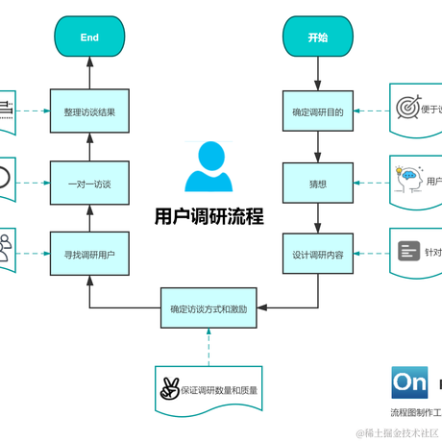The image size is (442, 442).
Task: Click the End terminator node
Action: [x=89, y=37]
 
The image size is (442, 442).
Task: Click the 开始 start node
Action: [x=318, y=37]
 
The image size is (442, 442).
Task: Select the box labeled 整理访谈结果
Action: [x=89, y=111]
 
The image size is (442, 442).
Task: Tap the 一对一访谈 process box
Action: [x=89, y=183]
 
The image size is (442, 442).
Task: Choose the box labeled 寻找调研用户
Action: [x=89, y=255]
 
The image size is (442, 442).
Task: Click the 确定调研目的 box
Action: [x=318, y=111]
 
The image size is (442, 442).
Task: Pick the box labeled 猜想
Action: [x=318, y=183]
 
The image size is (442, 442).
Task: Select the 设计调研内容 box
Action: [x=318, y=255]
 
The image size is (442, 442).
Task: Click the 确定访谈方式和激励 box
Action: [x=209, y=309]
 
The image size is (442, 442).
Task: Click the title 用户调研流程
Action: [x=209, y=216]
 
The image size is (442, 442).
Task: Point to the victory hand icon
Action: [x=170, y=389]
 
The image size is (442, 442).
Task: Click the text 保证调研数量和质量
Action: [x=221, y=390]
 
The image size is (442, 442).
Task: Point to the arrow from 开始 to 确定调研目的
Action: [x=318, y=73]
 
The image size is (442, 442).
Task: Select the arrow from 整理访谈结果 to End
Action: [x=89, y=73]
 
